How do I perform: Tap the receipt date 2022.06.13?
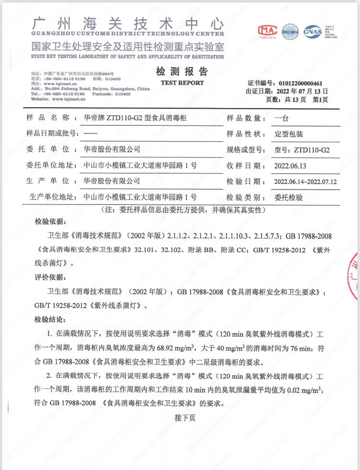(291, 165)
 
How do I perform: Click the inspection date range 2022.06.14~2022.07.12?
(305, 181)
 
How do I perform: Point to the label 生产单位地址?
(52, 197)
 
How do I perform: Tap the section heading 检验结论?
(48, 319)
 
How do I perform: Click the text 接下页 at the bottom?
(185, 418)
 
